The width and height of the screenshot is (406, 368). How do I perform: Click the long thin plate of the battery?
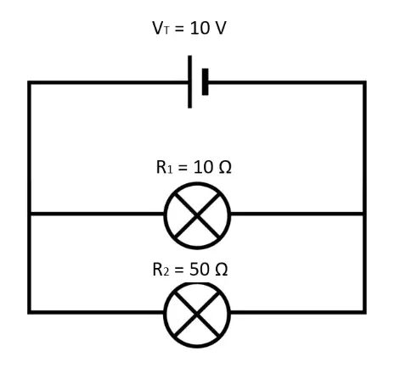(x=189, y=81)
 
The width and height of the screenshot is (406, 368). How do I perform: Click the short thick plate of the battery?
(x=206, y=81)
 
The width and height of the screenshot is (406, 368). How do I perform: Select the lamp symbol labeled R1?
(x=197, y=215)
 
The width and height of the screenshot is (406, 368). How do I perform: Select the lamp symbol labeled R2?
(x=197, y=315)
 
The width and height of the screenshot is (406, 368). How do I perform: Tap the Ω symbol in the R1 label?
(x=225, y=167)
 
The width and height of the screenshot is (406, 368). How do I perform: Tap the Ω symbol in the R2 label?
(x=222, y=270)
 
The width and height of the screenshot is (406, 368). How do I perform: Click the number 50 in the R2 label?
(x=199, y=270)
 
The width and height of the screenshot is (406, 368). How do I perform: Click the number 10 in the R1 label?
(x=203, y=167)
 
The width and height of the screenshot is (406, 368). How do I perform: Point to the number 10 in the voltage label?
(x=200, y=28)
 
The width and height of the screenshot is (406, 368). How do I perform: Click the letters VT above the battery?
(x=161, y=28)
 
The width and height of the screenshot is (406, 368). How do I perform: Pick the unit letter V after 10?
(x=220, y=28)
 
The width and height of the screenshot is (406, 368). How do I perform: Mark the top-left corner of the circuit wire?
(x=29, y=82)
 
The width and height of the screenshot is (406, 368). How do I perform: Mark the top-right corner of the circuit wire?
(x=364, y=82)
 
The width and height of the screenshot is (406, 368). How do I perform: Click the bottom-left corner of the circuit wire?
(x=29, y=312)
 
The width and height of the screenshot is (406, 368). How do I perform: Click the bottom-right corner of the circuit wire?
(x=364, y=312)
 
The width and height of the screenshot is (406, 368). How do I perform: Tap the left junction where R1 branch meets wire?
(x=29, y=214)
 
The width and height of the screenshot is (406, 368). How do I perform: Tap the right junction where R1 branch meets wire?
(x=364, y=214)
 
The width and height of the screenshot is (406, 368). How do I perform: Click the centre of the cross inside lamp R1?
(x=197, y=215)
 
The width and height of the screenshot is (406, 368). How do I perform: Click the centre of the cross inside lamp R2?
(x=197, y=314)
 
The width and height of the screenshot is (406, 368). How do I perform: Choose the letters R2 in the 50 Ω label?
(x=161, y=270)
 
